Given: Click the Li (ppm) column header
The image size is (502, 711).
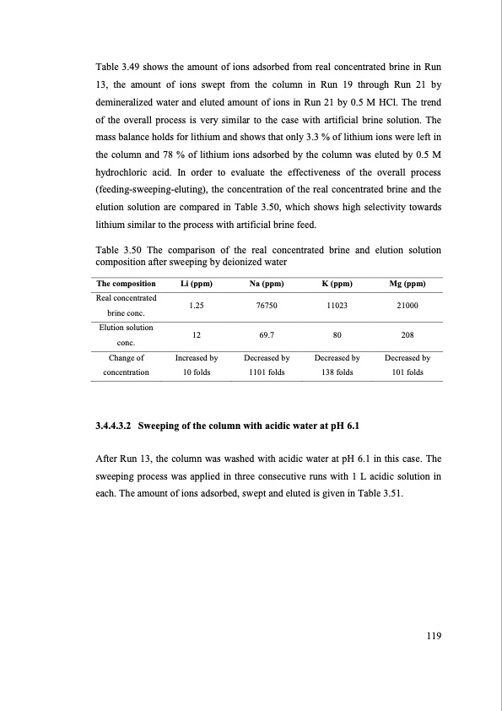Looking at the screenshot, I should click(x=196, y=284).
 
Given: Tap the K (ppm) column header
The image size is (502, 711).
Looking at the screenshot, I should click(x=337, y=284).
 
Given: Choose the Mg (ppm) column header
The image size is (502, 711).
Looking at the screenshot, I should click(x=407, y=284).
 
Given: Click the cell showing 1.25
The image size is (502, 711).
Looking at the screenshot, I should click(x=196, y=306).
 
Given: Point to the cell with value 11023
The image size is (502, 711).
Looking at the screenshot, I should click(x=337, y=306).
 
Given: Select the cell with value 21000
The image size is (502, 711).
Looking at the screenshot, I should click(x=407, y=306).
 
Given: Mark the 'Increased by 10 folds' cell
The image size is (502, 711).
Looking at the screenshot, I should click(x=196, y=365).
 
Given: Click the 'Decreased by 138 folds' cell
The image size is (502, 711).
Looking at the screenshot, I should click(x=337, y=365).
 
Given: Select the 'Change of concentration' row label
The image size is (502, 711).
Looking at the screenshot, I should click(x=126, y=365).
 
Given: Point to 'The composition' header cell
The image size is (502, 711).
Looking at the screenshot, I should click(x=126, y=284).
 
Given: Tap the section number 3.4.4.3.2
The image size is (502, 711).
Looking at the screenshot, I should click(x=121, y=423).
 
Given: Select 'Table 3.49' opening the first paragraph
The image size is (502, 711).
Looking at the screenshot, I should click(x=117, y=67).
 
